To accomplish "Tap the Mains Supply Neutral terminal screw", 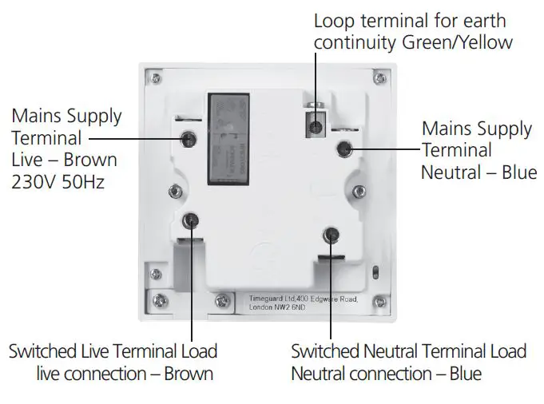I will pos(344,149).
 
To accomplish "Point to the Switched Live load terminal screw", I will pos(191,222).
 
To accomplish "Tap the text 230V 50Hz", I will pos(58,182).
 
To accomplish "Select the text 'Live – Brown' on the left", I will pos(64,160).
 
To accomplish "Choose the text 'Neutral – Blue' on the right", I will pos(479,172).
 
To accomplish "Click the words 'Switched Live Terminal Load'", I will pos(113,351).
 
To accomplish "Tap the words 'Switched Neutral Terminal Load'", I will pos(408,351).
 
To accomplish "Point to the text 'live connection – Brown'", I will pos(125,373).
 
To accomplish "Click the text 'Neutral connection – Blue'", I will pos(386,373).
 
